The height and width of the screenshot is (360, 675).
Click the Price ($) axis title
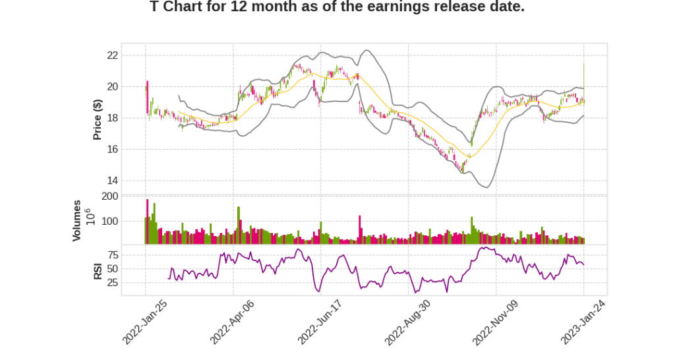tap(98, 119)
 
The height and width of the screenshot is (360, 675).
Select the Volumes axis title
tap(77, 220)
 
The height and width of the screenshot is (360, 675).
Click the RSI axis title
tap(98, 270)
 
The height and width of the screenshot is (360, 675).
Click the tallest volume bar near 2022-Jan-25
tap(148, 222)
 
